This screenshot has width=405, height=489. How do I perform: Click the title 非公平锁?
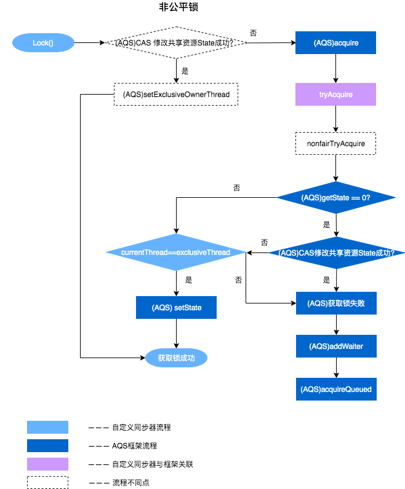[178, 8]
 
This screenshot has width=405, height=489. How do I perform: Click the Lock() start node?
[43, 43]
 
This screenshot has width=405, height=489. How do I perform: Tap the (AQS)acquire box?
[335, 43]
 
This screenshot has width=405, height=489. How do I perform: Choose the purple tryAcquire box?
[335, 95]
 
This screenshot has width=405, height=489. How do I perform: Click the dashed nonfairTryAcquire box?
[335, 144]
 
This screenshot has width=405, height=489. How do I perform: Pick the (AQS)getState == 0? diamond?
[335, 198]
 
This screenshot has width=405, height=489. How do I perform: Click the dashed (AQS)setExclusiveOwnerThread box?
[176, 95]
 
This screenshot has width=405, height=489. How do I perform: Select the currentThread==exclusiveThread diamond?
[176, 252]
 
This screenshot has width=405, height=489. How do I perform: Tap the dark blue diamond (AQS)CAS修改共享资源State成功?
[336, 252]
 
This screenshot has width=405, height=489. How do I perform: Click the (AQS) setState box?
[176, 307]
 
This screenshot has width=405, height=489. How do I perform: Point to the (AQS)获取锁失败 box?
[335, 303]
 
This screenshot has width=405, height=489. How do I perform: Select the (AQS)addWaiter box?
[335, 346]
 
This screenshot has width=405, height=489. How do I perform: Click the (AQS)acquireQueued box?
[335, 389]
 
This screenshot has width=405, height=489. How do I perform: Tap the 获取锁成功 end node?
[176, 358]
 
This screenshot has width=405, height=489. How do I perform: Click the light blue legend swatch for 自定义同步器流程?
[47, 427]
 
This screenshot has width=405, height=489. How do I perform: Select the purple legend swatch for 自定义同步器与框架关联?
[47, 464]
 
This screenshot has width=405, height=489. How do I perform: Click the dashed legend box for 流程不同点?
[47, 482]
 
